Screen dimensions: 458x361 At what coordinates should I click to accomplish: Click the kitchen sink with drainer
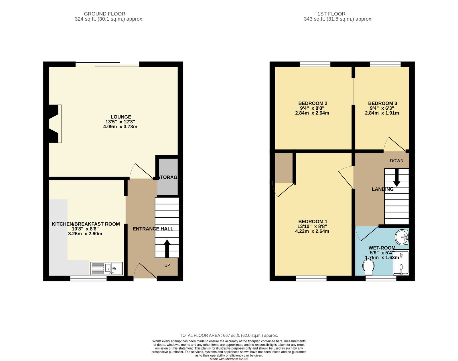[106, 269]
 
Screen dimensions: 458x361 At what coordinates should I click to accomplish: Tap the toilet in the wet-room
[368, 268]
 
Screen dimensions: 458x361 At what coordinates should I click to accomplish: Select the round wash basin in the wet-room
[402, 237]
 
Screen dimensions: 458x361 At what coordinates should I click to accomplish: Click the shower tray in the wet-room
[401, 263]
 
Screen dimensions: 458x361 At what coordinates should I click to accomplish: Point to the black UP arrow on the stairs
[167, 248]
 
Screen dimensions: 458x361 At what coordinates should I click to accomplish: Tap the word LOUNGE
[121, 117]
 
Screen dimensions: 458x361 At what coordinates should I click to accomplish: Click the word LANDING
[382, 189]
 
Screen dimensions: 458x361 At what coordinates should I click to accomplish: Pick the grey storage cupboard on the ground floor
[167, 177]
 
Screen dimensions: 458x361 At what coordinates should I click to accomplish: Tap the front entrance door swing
[145, 271]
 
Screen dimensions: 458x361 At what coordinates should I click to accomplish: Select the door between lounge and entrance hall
[141, 171]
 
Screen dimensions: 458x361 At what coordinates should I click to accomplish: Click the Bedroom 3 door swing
[395, 144]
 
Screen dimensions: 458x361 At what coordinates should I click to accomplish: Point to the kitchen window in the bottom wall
[88, 279]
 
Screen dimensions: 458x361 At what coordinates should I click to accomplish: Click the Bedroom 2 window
[315, 64]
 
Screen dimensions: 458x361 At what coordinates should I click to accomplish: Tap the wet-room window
[381, 279]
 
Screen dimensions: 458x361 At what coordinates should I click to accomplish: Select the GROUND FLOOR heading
[104, 14]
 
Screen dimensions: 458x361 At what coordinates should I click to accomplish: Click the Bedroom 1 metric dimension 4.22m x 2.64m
[312, 231]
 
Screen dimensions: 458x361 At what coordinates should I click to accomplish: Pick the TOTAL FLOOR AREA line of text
[229, 336]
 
